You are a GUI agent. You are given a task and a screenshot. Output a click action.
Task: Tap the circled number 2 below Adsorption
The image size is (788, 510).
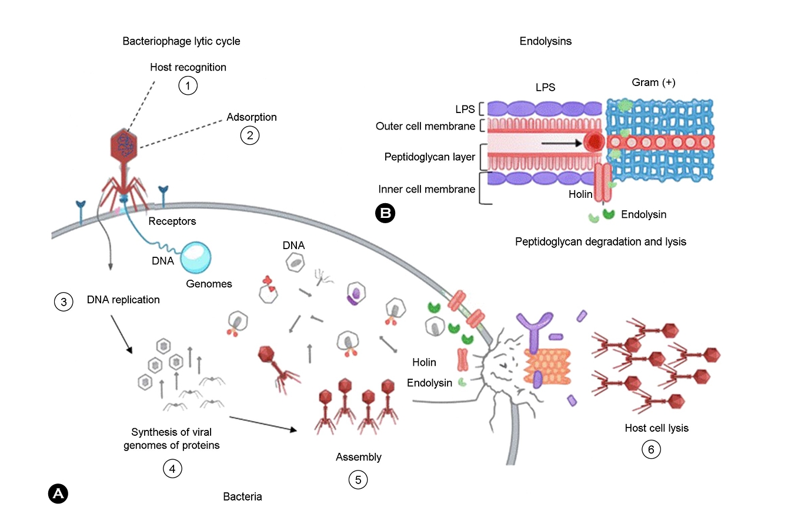coord(250,135)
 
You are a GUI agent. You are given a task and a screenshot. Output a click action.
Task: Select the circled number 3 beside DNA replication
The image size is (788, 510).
coord(63,302)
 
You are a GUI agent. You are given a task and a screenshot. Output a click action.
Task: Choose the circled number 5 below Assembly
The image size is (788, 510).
coord(358,479)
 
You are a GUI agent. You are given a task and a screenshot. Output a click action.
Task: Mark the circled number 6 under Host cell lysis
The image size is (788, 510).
coord(651,449)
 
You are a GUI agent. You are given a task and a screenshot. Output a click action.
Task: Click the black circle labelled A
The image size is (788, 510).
coord(58,494)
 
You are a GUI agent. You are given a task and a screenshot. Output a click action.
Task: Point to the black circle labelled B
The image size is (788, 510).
coord(385,213)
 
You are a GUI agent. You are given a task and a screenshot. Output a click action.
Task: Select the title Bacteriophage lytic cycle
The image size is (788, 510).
coord(181,41)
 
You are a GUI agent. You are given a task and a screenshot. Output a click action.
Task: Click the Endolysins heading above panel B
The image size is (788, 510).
coord(545,41)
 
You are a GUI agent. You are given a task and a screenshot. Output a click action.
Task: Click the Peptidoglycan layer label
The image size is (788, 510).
coord(429,157)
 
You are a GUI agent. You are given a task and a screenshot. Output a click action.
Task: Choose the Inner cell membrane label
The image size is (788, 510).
coord(426,189)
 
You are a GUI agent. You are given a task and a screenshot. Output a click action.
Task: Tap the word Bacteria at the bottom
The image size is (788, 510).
coord(242,496)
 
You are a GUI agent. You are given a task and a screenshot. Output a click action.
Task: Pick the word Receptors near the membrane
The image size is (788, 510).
coord(172,221)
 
